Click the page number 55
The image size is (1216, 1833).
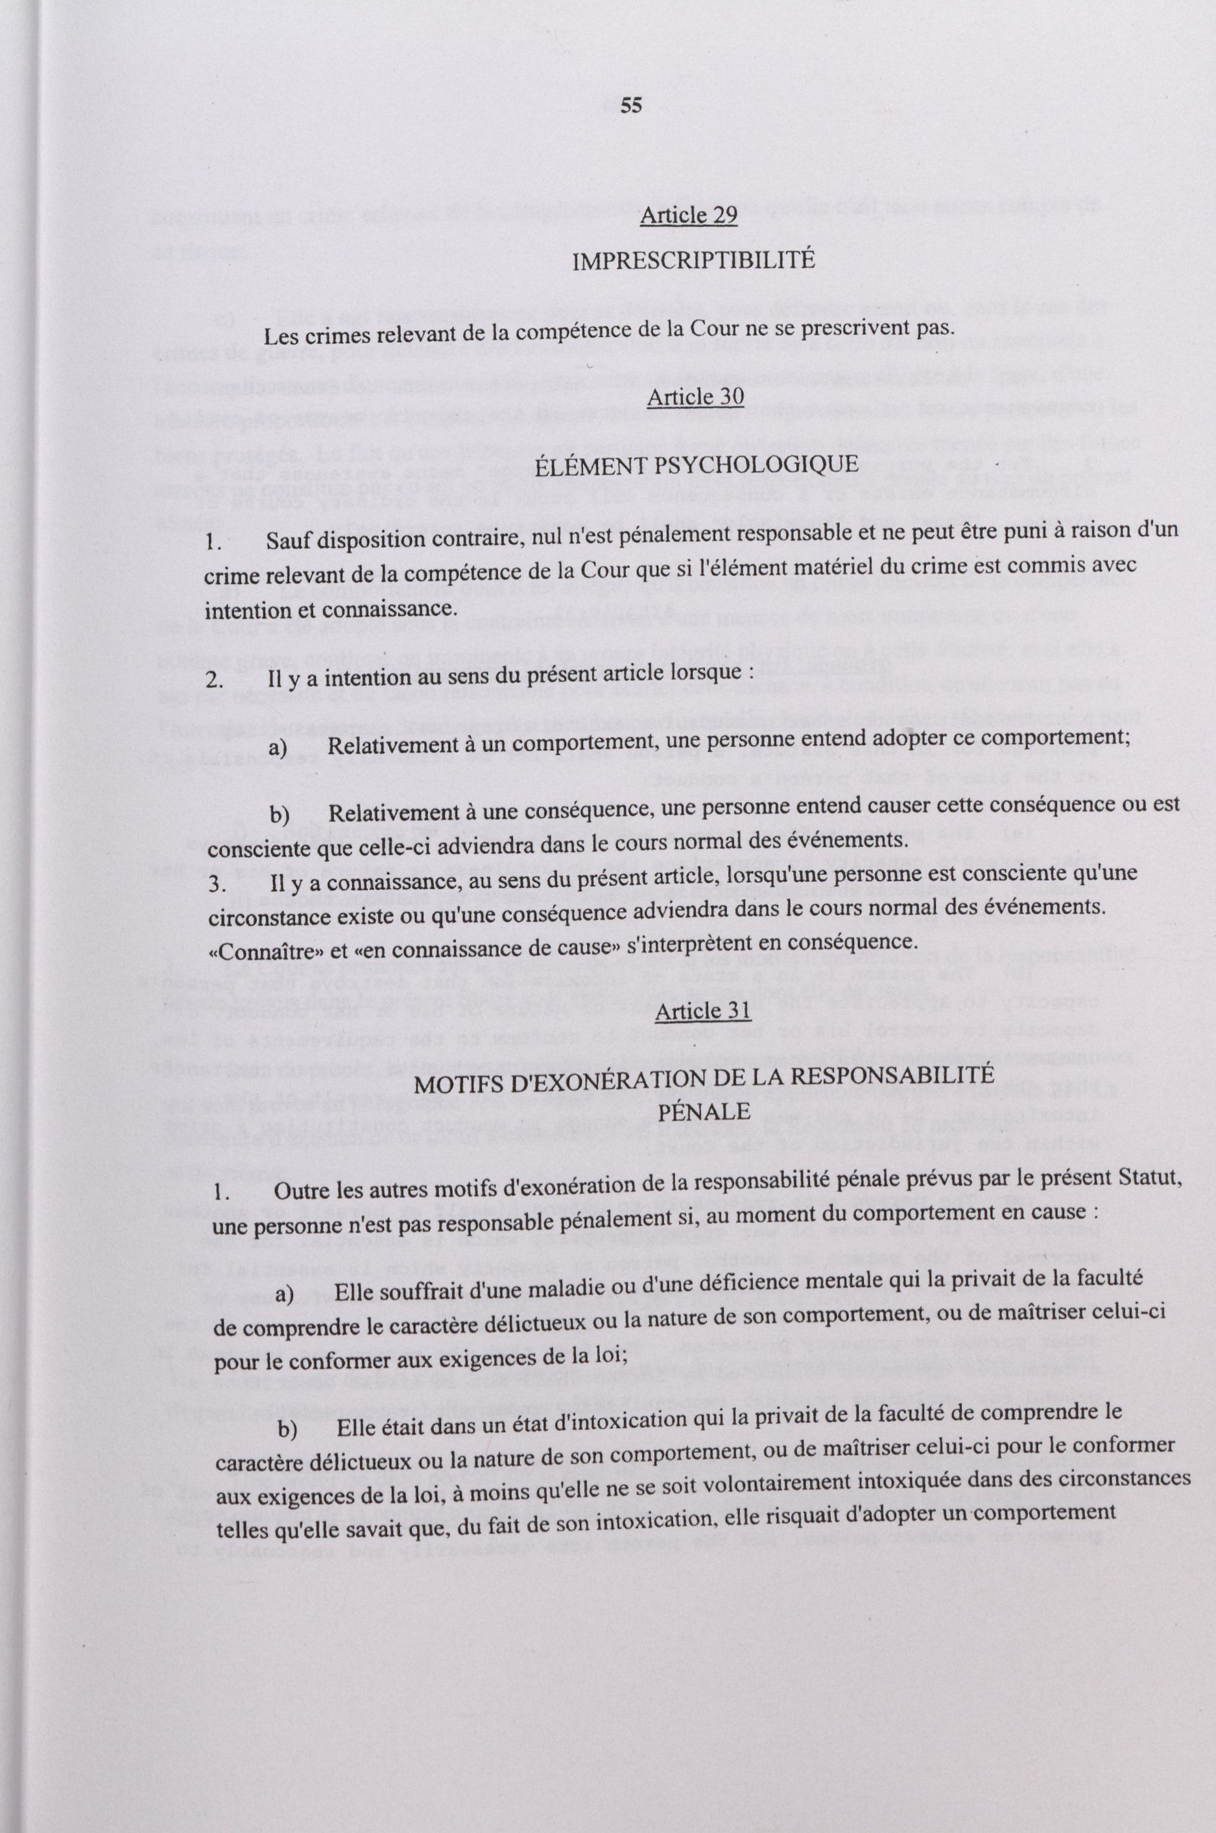click(631, 106)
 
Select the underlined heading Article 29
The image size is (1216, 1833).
click(688, 217)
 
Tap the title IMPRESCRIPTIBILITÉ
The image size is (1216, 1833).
click(693, 261)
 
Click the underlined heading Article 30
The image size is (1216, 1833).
click(695, 397)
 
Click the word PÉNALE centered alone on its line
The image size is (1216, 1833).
click(704, 1112)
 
